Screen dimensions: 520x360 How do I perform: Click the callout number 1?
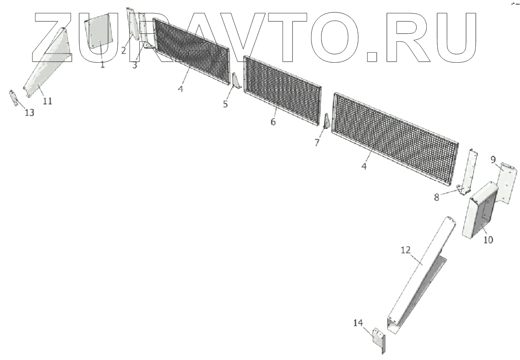[x=102, y=64]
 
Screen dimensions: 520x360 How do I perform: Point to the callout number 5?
[x=226, y=104]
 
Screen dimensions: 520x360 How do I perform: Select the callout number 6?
[x=273, y=122]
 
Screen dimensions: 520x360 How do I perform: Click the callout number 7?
[x=317, y=143]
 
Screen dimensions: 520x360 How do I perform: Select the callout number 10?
[x=488, y=240]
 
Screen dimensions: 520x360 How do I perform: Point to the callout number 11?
[x=47, y=101]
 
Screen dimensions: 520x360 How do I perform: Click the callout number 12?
[x=405, y=250]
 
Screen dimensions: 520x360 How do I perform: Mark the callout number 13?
[x=29, y=113]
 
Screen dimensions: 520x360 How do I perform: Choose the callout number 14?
[x=358, y=323]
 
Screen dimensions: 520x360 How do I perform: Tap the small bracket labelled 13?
[x=14, y=97]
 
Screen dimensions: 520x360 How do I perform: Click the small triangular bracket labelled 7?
[x=326, y=121]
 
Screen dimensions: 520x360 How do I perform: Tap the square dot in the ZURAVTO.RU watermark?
[x=372, y=56]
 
